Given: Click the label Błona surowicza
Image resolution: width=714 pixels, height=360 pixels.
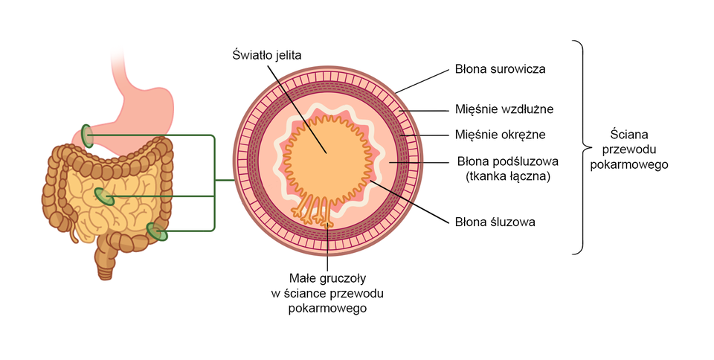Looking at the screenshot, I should click(501, 69).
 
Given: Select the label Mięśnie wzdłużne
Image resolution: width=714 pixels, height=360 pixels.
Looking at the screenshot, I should click(504, 109).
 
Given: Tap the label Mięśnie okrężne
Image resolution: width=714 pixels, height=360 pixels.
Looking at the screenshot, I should click(501, 135).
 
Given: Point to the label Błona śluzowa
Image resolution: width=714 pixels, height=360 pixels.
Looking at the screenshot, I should click(495, 222).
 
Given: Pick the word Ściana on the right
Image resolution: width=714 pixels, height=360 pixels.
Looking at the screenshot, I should click(628, 135).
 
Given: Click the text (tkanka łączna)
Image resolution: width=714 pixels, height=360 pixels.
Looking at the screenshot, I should click(507, 176).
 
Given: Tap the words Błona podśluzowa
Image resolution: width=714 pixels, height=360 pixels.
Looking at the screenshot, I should click(507, 161).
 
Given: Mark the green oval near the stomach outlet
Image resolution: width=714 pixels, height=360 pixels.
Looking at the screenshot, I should click(88, 135).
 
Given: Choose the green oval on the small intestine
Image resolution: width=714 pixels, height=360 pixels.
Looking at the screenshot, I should click(104, 197).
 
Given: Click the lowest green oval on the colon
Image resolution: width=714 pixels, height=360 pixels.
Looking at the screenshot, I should click(156, 232).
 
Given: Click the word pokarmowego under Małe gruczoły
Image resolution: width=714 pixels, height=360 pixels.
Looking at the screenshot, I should click(328, 307).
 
